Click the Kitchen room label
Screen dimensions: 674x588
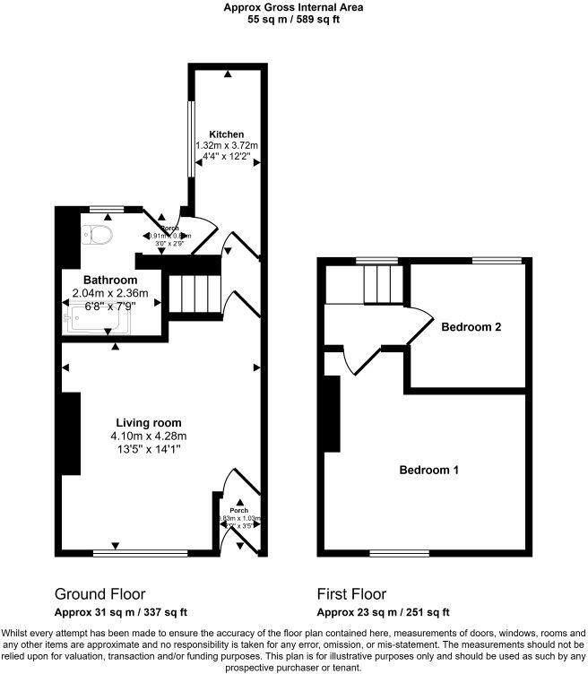pos(227,134)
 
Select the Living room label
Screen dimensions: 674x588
pos(149,423)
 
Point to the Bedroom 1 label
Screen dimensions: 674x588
pos(429,470)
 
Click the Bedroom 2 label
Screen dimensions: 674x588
pos(471,327)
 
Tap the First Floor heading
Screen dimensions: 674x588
pos(351,593)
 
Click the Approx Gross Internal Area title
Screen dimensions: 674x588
pos(293,7)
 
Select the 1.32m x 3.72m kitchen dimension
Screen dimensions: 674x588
pos(227,145)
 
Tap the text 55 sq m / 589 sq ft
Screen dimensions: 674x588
pos(293,19)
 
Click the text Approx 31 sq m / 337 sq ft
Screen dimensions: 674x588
pos(121,613)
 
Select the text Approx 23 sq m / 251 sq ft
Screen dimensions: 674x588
pos(384,613)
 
